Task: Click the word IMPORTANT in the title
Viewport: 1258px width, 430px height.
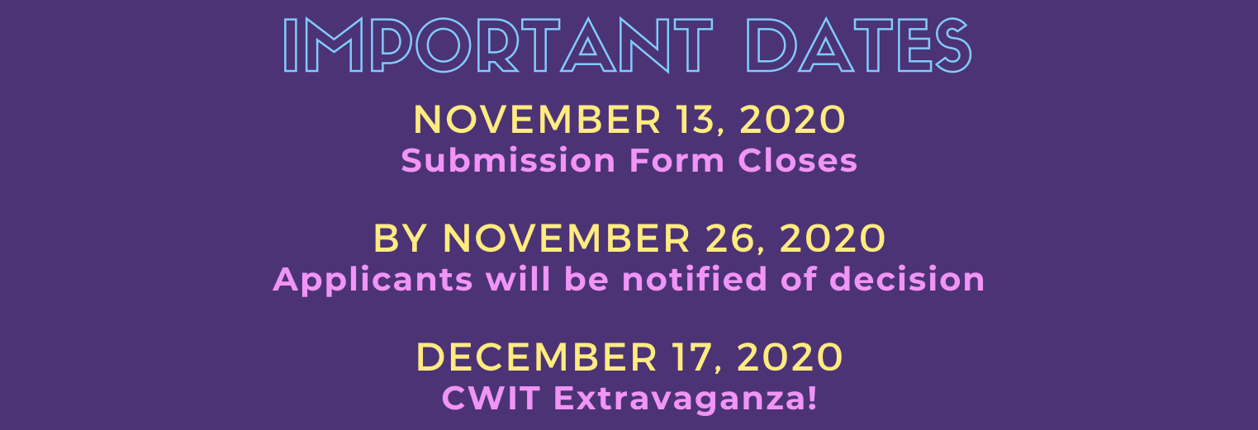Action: (498, 45)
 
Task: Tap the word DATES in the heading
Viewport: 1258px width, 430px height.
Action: (859, 45)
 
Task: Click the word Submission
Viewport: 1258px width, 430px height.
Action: (509, 161)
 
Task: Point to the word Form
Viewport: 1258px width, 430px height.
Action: (677, 161)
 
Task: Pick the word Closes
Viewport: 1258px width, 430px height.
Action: (797, 161)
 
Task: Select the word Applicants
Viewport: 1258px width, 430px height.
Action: (373, 280)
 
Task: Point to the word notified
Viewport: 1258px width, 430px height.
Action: (695, 279)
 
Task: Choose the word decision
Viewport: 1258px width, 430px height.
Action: (906, 279)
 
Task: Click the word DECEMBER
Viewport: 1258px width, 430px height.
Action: (536, 357)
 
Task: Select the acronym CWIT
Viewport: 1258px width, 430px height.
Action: (491, 398)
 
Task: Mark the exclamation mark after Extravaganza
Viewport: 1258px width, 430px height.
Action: (811, 398)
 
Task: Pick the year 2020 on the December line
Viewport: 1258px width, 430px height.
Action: (790, 357)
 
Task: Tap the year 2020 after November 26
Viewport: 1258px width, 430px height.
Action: (833, 239)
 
